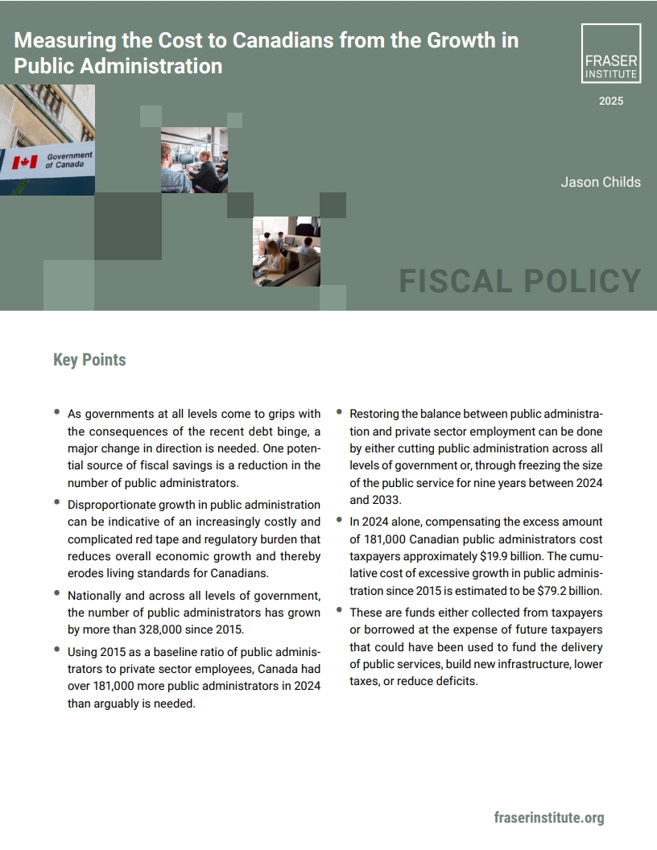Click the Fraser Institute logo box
611,53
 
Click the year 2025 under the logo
611,101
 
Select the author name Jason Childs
601,182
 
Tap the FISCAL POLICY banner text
520,282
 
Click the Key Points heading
89,360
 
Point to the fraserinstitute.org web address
549,818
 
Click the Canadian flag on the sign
25,163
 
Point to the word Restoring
376,414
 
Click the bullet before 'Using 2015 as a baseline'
57,648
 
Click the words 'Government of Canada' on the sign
68,159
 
